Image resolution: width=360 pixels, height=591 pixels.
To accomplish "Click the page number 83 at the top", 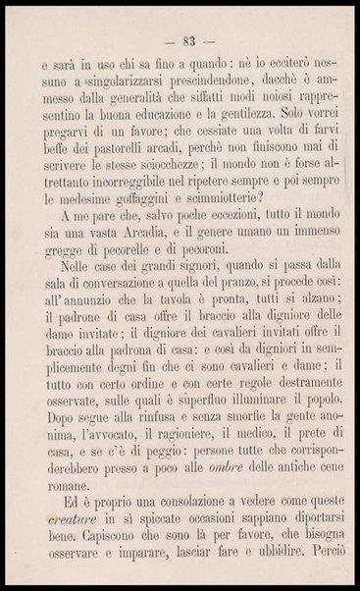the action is pyautogui.click(x=183, y=40).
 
